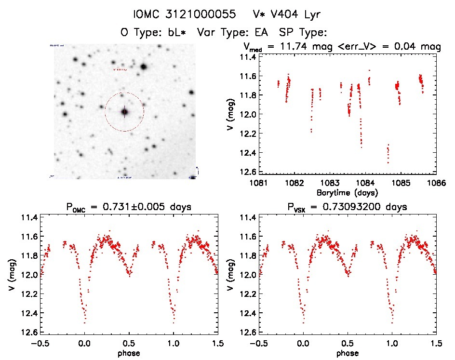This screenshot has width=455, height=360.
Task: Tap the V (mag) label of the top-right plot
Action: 232,114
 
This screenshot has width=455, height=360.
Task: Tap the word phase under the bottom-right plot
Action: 347,353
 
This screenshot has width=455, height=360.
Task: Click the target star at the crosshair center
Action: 124,112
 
